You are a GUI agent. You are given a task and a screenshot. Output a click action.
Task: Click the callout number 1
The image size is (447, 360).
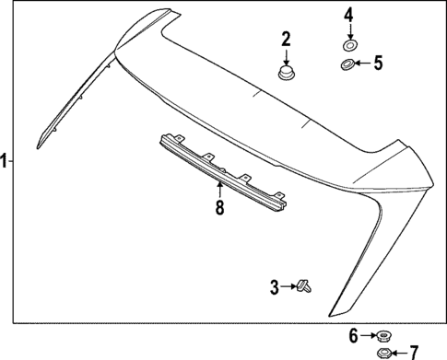6,161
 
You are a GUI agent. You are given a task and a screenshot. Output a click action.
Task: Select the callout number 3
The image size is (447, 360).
274,288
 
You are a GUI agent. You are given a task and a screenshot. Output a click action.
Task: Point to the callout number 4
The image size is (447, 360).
348,15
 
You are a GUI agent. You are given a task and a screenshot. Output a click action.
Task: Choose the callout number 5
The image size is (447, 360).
377,64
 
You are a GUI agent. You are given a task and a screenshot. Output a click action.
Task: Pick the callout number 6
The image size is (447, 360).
354,335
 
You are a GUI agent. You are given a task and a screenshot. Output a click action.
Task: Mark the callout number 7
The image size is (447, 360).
413,351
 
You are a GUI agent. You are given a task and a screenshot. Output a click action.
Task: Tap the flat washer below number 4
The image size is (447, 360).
348,44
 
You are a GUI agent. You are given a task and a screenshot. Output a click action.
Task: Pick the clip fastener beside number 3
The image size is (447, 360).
305,287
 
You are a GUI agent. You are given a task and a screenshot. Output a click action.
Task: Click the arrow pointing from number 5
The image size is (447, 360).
362,64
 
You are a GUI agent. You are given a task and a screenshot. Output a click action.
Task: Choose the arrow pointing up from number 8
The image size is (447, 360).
219,191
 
